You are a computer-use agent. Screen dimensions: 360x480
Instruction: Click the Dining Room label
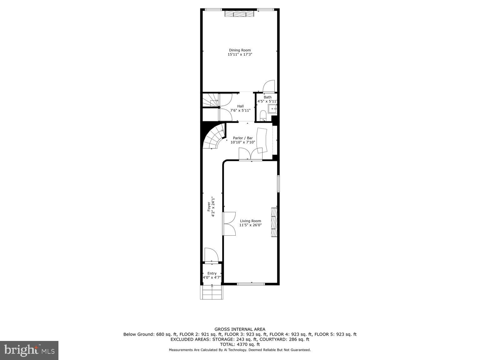[x=240, y=50]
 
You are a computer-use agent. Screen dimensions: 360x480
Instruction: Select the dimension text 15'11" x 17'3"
[x=240, y=54]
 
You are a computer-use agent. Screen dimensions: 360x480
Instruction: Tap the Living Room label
[x=250, y=221]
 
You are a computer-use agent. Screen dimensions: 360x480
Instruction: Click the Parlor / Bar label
[x=243, y=138]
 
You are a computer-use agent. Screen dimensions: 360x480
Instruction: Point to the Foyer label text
[x=209, y=207]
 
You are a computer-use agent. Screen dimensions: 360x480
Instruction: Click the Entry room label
[x=212, y=273]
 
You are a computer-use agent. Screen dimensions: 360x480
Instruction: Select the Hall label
[x=240, y=106]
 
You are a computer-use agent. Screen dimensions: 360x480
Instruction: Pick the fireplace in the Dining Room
[x=240, y=14]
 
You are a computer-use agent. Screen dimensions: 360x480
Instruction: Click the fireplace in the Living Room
[x=274, y=222]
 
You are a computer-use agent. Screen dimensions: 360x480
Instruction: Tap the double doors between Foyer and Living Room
[x=229, y=223]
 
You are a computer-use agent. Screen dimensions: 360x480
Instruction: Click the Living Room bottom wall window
[x=251, y=284]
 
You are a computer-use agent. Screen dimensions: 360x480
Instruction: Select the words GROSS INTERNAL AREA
[x=240, y=329]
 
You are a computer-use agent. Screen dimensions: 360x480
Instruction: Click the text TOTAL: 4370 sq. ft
[x=240, y=344]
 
